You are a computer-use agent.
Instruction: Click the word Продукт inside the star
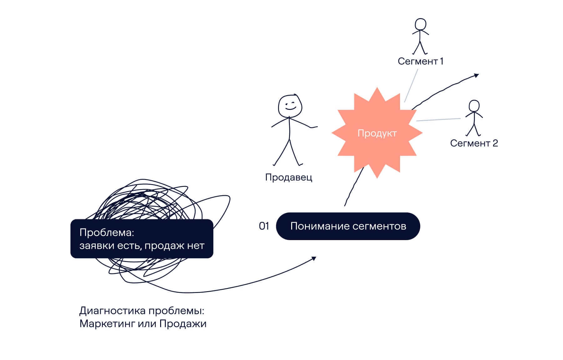(x=377, y=133)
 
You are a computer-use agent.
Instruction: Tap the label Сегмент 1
(x=420, y=61)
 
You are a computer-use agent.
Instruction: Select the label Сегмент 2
(x=474, y=143)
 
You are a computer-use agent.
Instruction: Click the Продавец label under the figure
(x=288, y=177)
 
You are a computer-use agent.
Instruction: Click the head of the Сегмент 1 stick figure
(x=420, y=24)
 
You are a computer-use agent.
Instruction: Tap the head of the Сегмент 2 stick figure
(x=474, y=106)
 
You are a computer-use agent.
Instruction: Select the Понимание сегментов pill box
(x=348, y=226)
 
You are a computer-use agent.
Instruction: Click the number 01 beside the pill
(x=264, y=226)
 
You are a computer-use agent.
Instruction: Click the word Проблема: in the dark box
(x=107, y=233)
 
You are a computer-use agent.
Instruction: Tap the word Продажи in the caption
(x=183, y=324)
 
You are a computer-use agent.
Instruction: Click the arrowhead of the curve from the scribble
(x=314, y=258)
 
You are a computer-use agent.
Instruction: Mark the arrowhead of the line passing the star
(x=477, y=75)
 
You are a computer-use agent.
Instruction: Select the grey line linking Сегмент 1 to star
(x=411, y=85)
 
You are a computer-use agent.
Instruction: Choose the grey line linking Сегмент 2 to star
(x=438, y=120)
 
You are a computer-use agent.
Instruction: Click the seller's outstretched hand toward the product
(x=314, y=127)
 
